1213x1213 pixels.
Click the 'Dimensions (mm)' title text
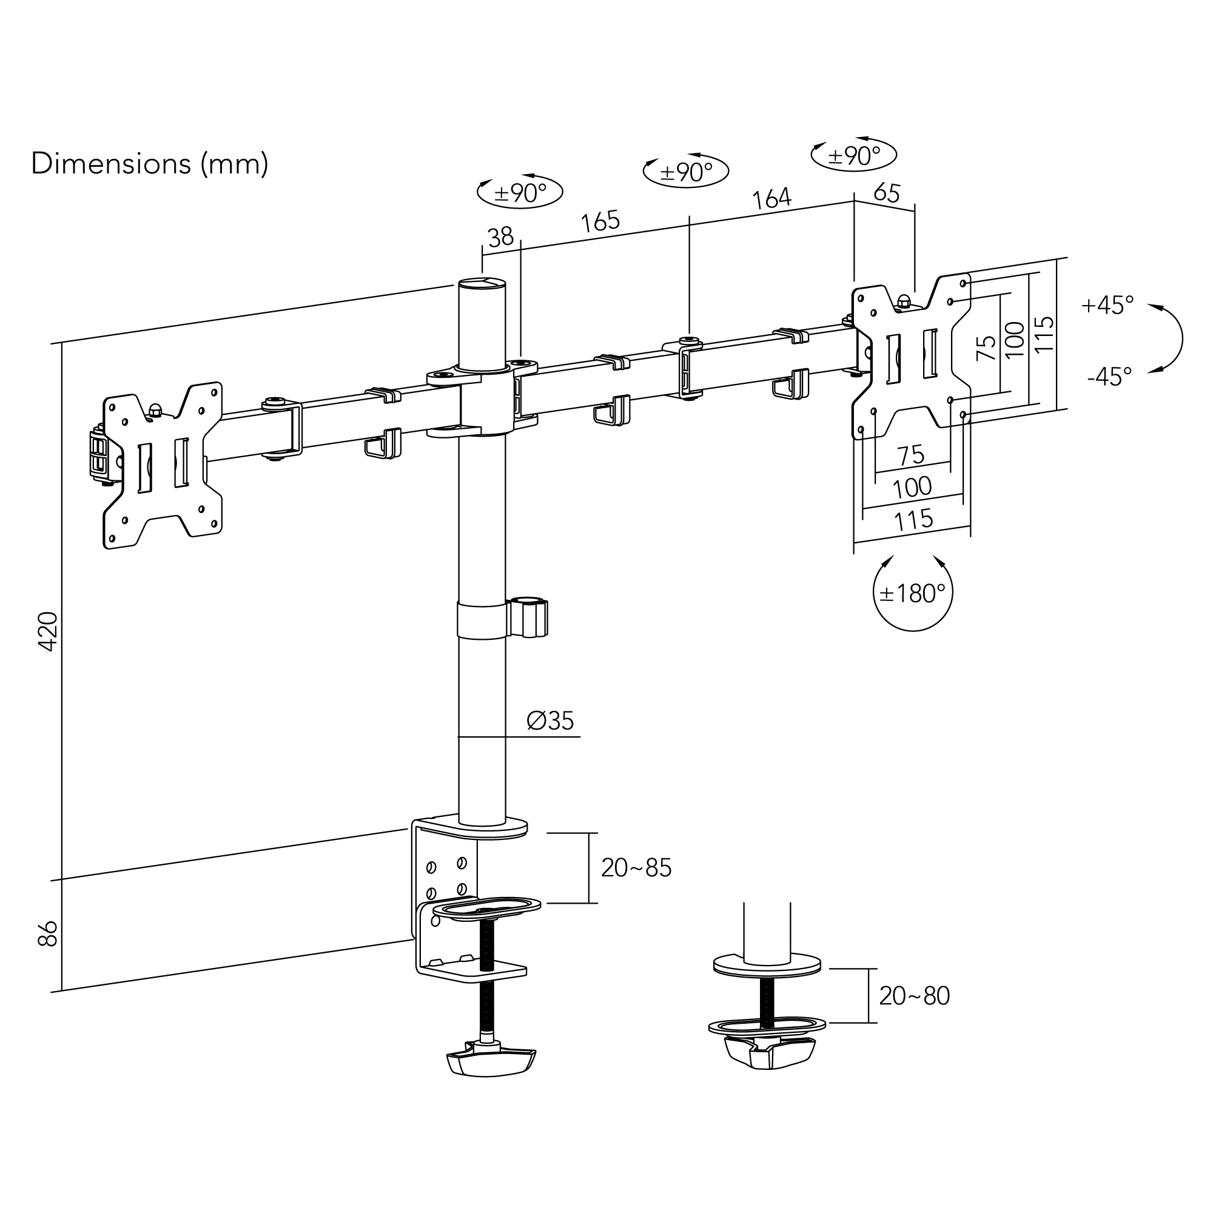pyautogui.click(x=149, y=164)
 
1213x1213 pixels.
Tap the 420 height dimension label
pyautogui.click(x=49, y=631)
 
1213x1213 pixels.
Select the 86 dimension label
pyautogui.click(x=49, y=933)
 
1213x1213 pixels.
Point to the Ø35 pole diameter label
pyautogui.click(x=550, y=721)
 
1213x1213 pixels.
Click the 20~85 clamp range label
pyautogui.click(x=636, y=868)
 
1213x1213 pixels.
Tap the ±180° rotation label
pyautogui.click(x=912, y=593)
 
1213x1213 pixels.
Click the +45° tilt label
pyautogui.click(x=1107, y=305)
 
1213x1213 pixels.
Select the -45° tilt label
pyautogui.click(x=1109, y=376)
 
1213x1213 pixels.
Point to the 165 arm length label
pyautogui.click(x=600, y=221)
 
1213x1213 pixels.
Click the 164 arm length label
pyautogui.click(x=771, y=199)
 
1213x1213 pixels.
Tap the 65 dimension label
pyautogui.click(x=887, y=192)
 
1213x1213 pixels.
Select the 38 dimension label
pyautogui.click(x=500, y=237)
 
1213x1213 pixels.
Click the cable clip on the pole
pyautogui.click(x=529, y=618)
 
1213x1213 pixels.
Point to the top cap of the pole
pyautogui.click(x=482, y=284)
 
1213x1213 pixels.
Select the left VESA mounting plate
pyautogui.click(x=163, y=465)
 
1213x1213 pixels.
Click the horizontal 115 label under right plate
pyautogui.click(x=913, y=520)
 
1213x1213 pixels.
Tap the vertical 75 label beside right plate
pyautogui.click(x=986, y=347)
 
